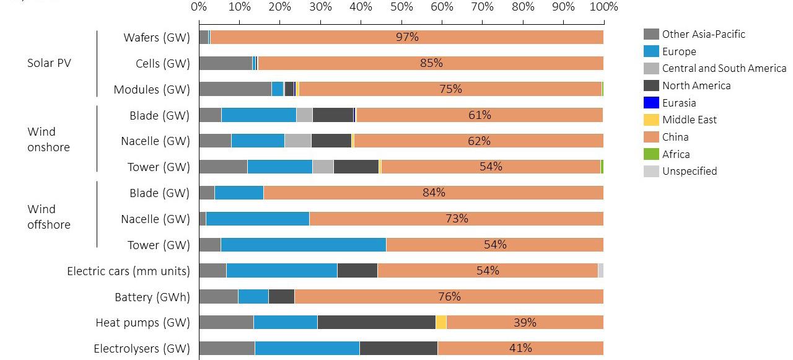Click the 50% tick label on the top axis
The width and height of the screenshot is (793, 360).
pyautogui.click(x=401, y=7)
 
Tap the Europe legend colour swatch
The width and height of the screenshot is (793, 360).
pyautogui.click(x=651, y=51)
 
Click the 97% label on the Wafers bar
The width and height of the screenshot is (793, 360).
pyautogui.click(x=407, y=37)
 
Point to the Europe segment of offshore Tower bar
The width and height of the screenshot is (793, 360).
pyautogui.click(x=303, y=245)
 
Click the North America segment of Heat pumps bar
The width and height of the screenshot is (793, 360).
pyautogui.click(x=376, y=322)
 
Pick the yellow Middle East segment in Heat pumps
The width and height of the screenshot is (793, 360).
pyautogui.click(x=441, y=322)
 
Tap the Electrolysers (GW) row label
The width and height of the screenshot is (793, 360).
pyautogui.click(x=142, y=348)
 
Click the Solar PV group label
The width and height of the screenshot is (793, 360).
pyautogui.click(x=49, y=63)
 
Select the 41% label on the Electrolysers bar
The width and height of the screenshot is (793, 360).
pyautogui.click(x=520, y=348)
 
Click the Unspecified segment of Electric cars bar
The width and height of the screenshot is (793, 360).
pyautogui.click(x=601, y=271)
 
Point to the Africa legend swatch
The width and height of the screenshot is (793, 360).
pyautogui.click(x=651, y=154)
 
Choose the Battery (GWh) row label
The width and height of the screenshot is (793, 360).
pyautogui.click(x=152, y=297)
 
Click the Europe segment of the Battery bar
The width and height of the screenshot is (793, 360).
pyautogui.click(x=253, y=297)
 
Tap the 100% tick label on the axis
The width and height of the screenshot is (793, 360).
pyautogui.click(x=603, y=7)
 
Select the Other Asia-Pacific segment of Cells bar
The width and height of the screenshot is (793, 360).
pyautogui.click(x=226, y=63)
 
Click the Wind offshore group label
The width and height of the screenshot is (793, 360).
pyautogui.click(x=49, y=217)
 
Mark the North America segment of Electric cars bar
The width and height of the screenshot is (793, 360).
pyautogui.click(x=357, y=271)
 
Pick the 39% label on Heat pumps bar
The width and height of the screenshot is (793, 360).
pyautogui.click(x=525, y=322)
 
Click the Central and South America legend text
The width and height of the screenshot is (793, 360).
pyautogui.click(x=724, y=69)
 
